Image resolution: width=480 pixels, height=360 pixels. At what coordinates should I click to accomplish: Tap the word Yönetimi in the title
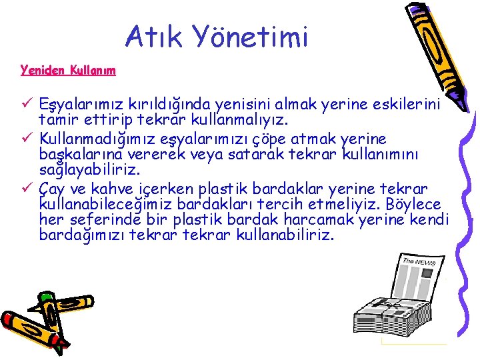click(253, 37)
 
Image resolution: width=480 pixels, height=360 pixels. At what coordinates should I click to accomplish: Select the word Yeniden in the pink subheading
click(40, 69)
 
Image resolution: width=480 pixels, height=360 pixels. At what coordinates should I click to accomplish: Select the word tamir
click(59, 121)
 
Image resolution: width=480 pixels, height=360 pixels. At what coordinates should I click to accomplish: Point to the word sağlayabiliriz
click(89, 171)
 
